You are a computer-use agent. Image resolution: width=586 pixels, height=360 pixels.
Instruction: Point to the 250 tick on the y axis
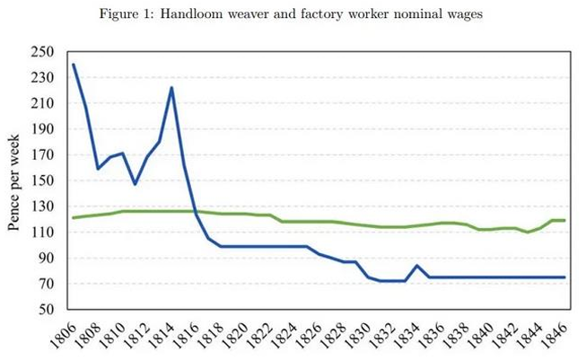click(41, 52)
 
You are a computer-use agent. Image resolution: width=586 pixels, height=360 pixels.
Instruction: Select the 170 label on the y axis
click(41, 155)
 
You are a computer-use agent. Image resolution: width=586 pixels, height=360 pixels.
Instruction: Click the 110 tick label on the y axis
click(41, 233)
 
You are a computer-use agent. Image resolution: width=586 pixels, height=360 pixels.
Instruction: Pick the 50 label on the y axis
click(45, 310)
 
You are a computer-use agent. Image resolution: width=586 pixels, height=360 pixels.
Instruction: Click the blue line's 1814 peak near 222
click(171, 88)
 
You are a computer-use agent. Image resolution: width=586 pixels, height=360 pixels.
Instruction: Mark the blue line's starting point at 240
click(74, 65)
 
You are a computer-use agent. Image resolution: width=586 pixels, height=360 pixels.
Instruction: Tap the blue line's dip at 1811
click(135, 184)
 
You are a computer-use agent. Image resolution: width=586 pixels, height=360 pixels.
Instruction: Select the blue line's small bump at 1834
click(416, 266)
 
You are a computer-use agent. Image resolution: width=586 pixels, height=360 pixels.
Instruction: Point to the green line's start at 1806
click(74, 217)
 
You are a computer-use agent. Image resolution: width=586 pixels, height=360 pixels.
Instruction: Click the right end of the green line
click(564, 220)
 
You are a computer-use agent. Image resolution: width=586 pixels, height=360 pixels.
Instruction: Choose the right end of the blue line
click(564, 277)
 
